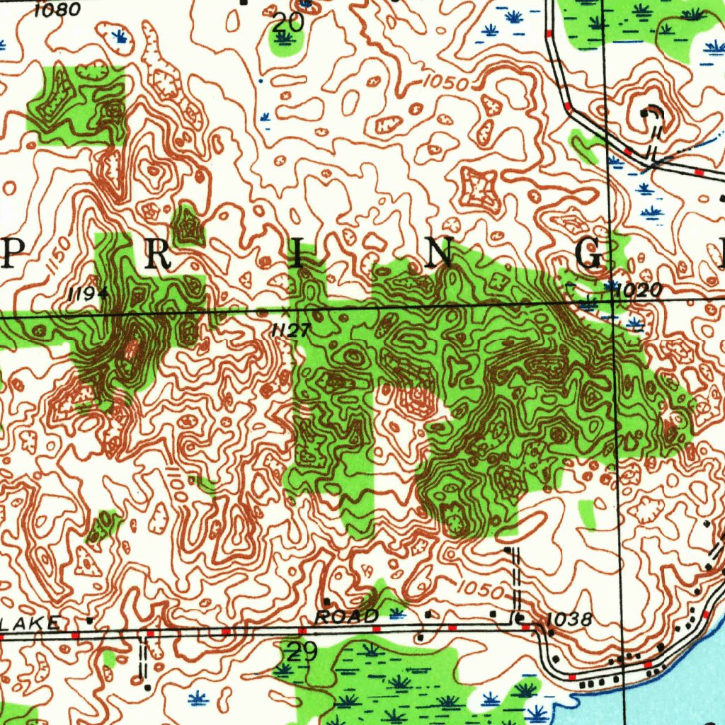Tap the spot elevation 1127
(x=290, y=329)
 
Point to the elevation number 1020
(x=639, y=290)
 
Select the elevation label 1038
(x=569, y=620)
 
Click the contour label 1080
(x=57, y=10)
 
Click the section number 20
(x=288, y=22)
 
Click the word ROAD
(x=346, y=617)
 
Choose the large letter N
(x=440, y=253)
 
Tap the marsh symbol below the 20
(x=285, y=38)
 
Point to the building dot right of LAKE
(x=89, y=620)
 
